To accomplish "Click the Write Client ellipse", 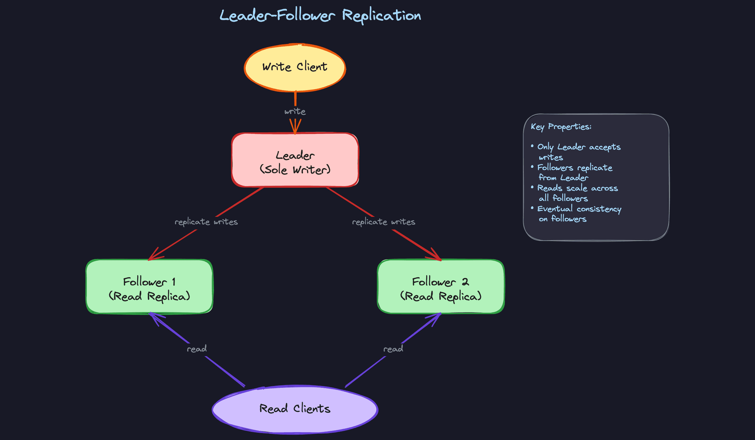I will click(x=295, y=68).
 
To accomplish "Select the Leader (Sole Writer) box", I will click(x=295, y=160).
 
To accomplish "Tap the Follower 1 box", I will click(x=149, y=287).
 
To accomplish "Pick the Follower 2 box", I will click(x=440, y=287).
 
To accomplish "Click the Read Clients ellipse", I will click(x=295, y=409).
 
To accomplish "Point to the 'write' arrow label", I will click(x=295, y=112).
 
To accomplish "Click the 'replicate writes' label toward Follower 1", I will click(x=206, y=222).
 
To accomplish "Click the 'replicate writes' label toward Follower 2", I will click(x=383, y=222).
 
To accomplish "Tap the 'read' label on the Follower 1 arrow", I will click(x=197, y=349).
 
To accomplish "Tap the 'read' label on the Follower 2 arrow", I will click(x=393, y=349).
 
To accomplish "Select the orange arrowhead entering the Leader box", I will click(x=295, y=128).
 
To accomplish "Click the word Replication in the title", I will click(x=381, y=16).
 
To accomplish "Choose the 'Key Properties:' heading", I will click(x=561, y=126).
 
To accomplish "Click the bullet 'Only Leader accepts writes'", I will click(x=578, y=152).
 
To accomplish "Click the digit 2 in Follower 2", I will click(x=465, y=282).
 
